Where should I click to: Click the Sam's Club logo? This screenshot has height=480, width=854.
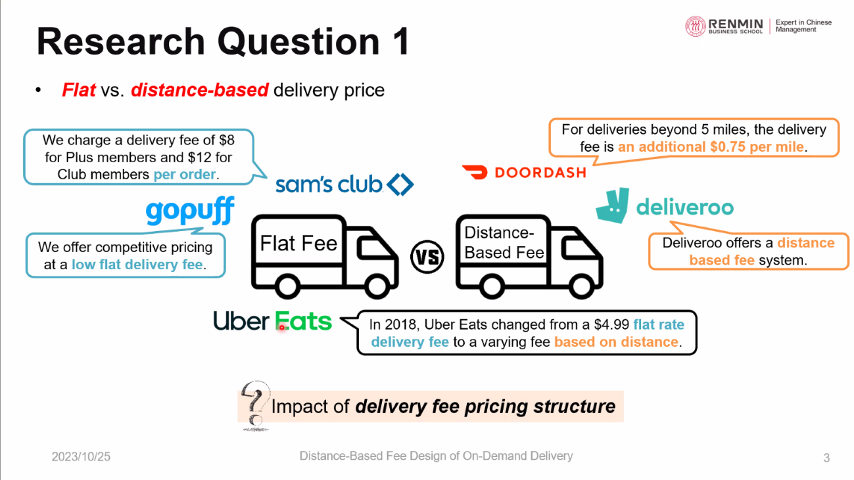[344, 185]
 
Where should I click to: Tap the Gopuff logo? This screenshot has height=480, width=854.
[189, 211]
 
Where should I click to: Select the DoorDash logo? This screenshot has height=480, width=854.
[523, 173]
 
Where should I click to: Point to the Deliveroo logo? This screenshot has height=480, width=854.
[664, 207]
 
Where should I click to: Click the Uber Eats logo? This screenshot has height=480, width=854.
[272, 322]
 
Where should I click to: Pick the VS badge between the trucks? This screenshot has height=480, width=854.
[427, 256]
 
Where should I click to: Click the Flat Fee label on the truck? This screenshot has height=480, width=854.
[298, 244]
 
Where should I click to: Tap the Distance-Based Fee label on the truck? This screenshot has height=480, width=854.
[504, 242]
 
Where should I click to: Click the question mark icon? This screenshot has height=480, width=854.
[254, 404]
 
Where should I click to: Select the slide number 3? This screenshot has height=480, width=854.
[826, 458]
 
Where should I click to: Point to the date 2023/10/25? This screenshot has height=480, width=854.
[81, 456]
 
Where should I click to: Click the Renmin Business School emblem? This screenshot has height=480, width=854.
[696, 26]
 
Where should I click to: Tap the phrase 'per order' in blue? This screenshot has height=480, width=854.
[185, 175]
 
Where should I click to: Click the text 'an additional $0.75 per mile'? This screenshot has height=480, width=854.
[711, 147]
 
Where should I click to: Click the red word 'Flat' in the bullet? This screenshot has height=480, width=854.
[79, 90]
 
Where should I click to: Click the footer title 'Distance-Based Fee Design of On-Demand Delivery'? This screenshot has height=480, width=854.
[436, 456]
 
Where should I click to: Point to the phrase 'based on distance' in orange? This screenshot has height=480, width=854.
[616, 341]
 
